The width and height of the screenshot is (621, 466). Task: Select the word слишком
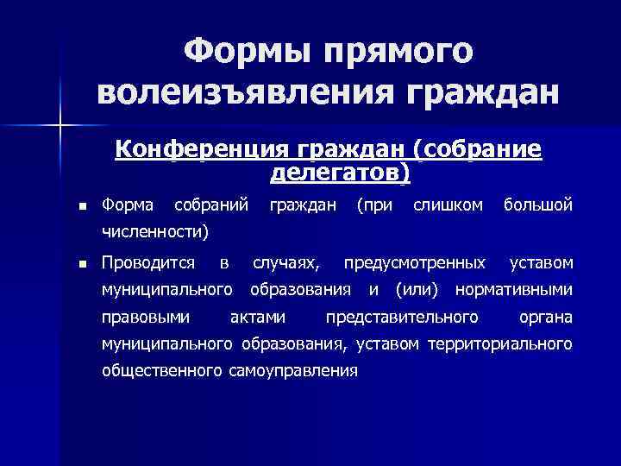[x=448, y=205]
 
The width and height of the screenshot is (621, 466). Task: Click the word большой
[x=538, y=205]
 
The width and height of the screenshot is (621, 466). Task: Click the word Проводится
[x=147, y=261]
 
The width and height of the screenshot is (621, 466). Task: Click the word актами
[x=259, y=316]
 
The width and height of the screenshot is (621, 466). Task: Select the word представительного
[x=402, y=316]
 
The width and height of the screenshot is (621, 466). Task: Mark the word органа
[x=545, y=316]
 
